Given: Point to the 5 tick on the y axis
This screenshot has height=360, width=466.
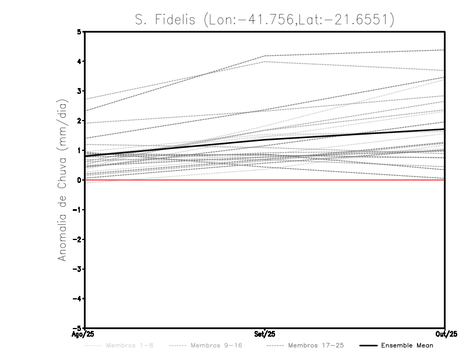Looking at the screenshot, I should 79,32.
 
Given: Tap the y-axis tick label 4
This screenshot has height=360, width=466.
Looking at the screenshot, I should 79,62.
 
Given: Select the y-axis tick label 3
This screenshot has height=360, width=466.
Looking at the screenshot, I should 79,91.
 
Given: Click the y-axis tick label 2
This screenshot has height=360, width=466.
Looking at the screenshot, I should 79,121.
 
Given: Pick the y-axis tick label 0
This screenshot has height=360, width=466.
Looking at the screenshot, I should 79,180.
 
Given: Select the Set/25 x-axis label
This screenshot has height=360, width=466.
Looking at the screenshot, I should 265,334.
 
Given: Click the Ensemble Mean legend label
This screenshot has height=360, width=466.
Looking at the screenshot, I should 407,346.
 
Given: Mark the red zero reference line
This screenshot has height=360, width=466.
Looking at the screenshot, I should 175,180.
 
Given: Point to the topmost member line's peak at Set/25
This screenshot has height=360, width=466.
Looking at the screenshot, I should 265,56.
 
